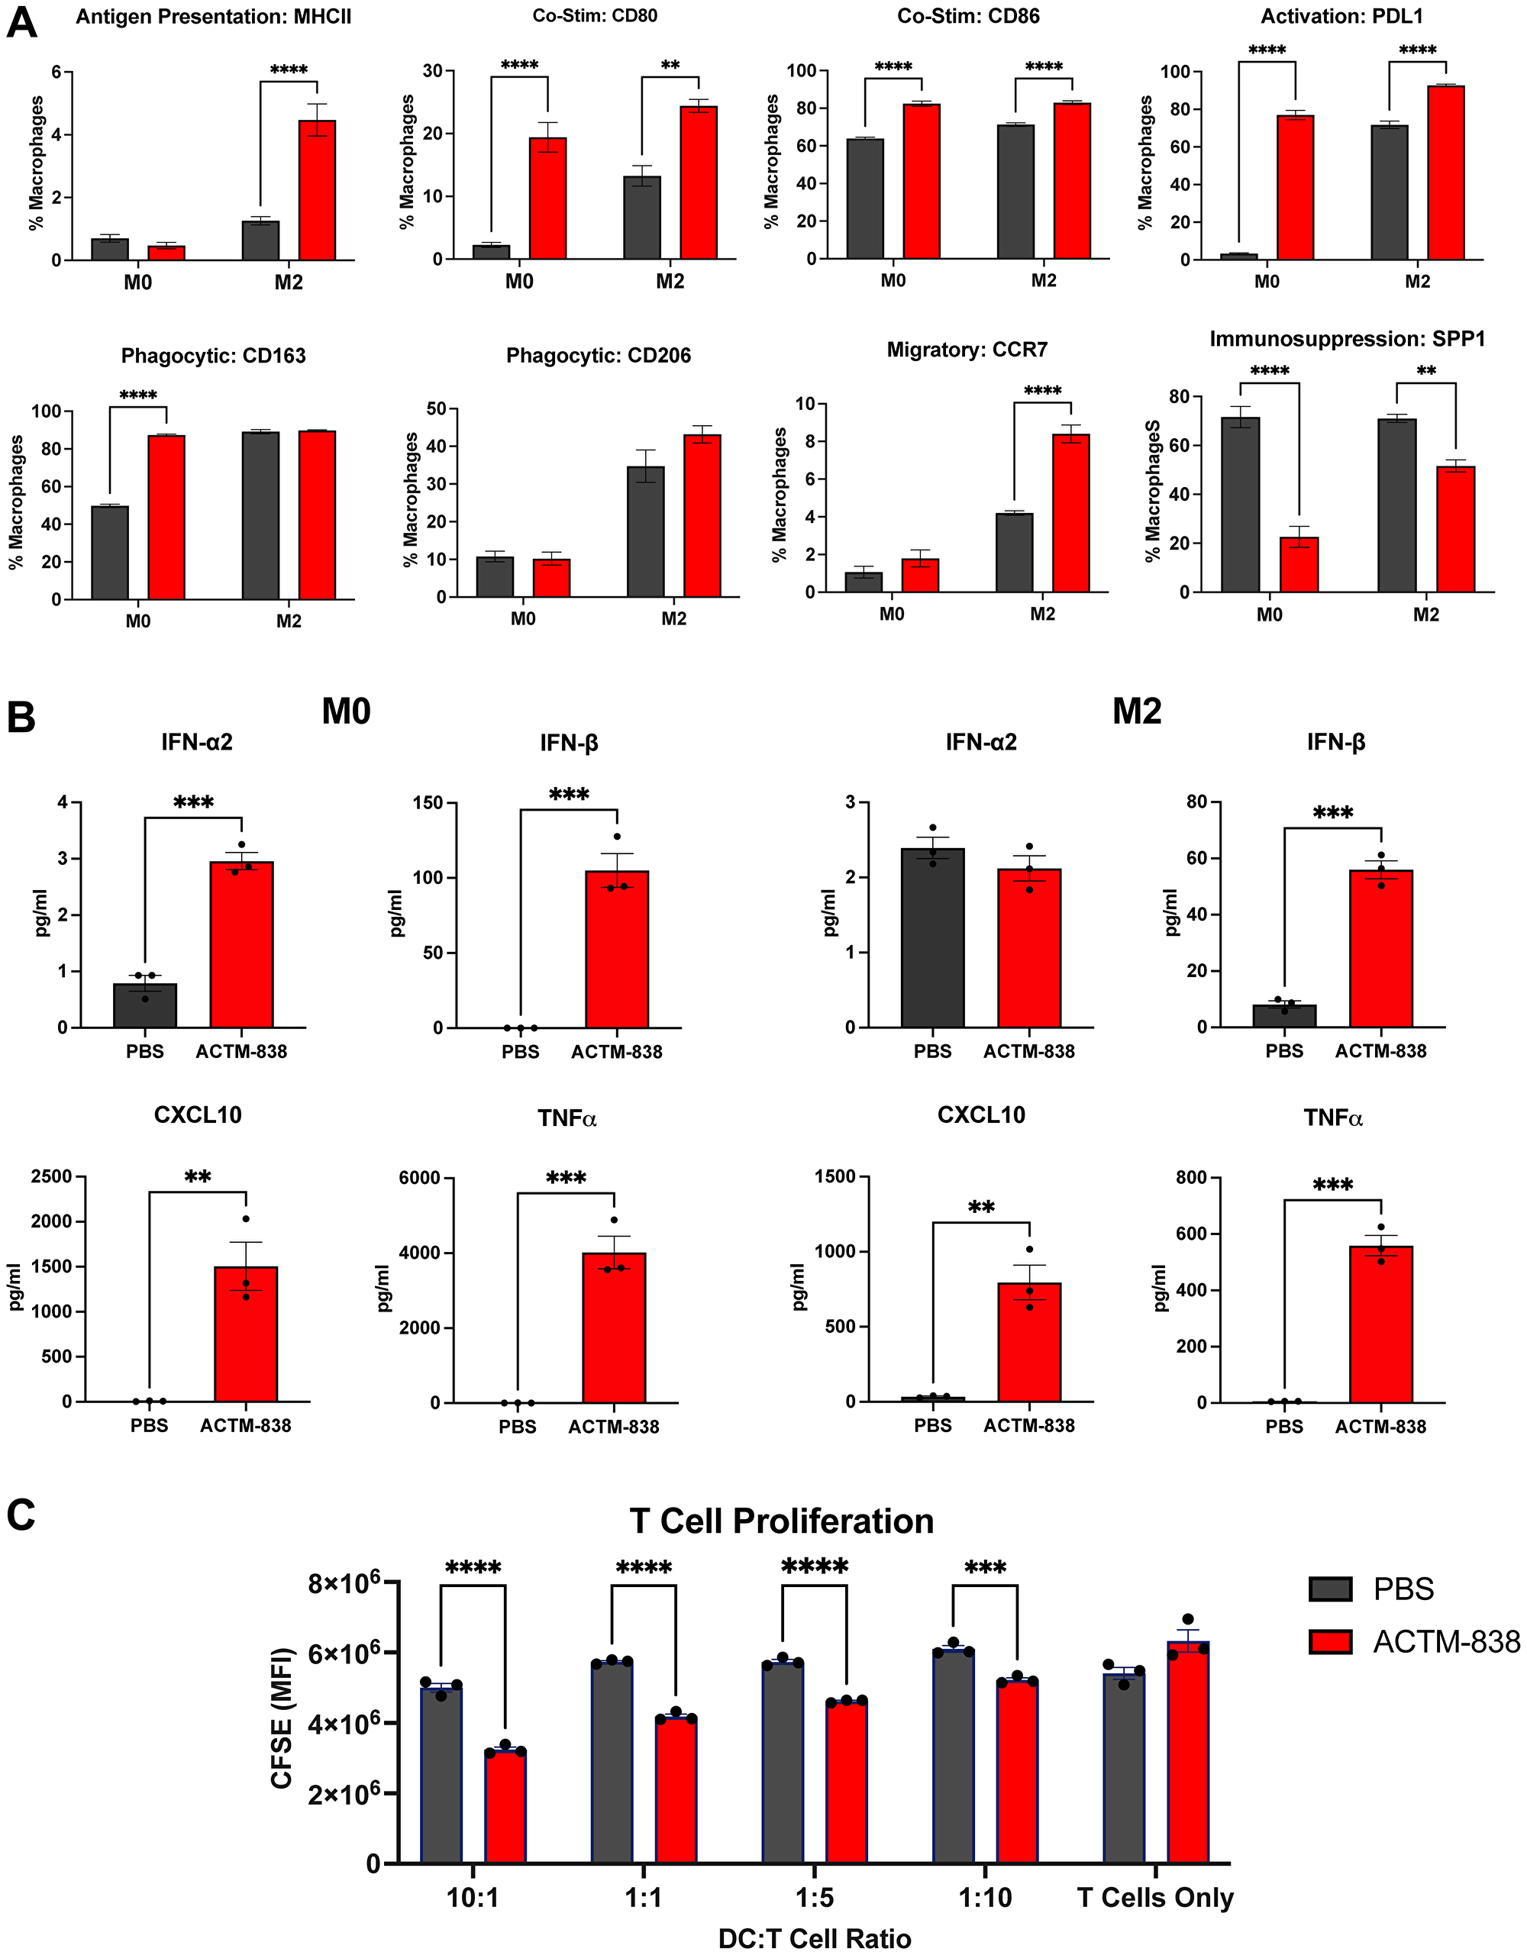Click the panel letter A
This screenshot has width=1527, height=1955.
point(21,21)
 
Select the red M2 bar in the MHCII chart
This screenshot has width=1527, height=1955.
point(317,190)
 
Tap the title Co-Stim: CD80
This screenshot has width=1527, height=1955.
point(594,16)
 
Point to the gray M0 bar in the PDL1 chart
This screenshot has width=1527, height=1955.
point(1239,257)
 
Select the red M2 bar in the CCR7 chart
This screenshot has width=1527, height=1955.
point(1070,513)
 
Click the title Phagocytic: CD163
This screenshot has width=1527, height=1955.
point(213,356)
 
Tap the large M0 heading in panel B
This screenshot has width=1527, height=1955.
point(347,711)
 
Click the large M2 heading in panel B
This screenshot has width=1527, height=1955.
point(1137,711)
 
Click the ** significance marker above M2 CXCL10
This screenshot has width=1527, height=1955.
point(981,1208)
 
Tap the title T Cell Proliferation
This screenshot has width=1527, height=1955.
point(781,1521)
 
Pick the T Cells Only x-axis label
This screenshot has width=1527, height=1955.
point(1154,1898)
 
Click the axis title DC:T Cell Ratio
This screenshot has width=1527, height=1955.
point(815,1939)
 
